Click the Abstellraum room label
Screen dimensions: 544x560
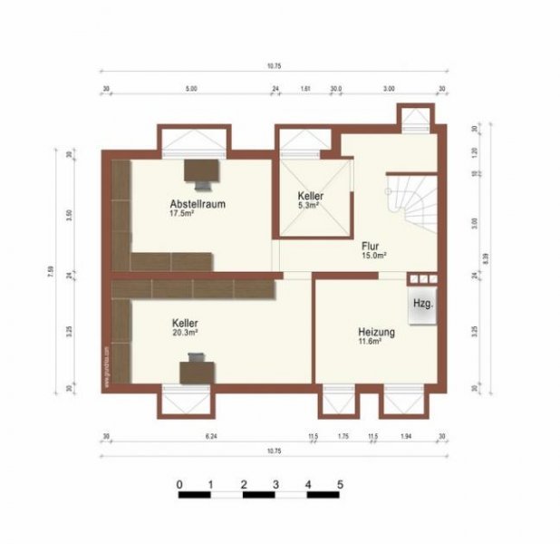pyautogui.click(x=197, y=204)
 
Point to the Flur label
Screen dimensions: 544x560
pyautogui.click(x=370, y=246)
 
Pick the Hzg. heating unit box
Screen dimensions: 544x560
pyautogui.click(x=422, y=304)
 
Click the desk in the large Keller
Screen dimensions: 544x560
pyautogui.click(x=195, y=369)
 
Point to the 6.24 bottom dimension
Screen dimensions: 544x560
pyautogui.click(x=212, y=437)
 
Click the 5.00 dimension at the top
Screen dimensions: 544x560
pyautogui.click(x=190, y=89)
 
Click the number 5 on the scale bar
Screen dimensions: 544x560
pyautogui.click(x=340, y=483)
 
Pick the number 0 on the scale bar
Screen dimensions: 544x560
pyautogui.click(x=179, y=483)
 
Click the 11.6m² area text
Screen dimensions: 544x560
pyautogui.click(x=369, y=343)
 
